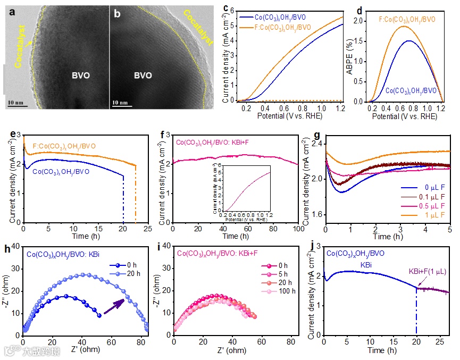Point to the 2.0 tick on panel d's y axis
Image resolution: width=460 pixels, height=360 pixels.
[363, 21]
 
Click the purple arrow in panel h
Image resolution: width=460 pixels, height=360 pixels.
[115, 306]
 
